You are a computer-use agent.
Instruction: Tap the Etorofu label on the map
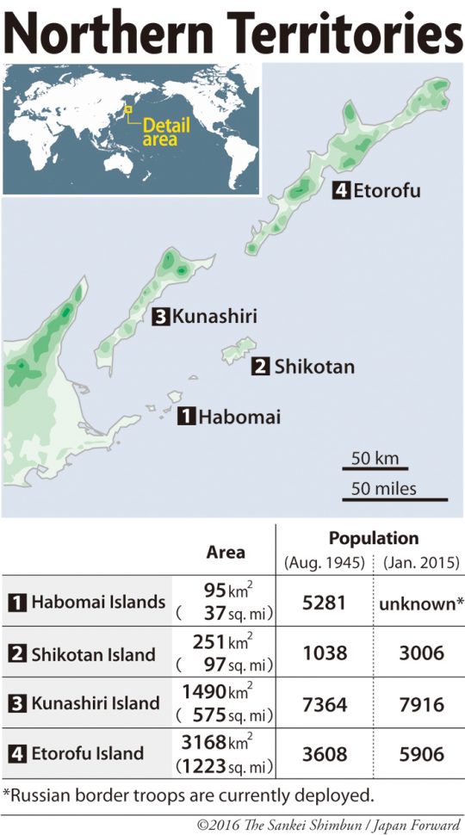click(387, 190)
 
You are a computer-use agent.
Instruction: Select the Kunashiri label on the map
click(214, 317)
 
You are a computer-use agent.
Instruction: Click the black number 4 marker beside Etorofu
click(341, 190)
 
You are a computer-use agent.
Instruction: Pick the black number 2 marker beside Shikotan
click(259, 368)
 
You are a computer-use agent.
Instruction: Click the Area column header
click(226, 552)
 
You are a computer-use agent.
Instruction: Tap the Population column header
click(373, 539)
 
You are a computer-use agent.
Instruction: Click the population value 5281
click(325, 603)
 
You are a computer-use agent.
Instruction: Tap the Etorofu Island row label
click(87, 753)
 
